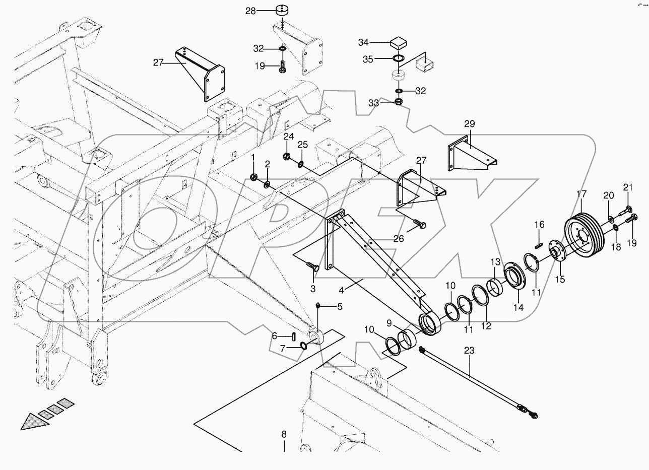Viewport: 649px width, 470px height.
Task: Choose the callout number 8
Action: pyautogui.click(x=284, y=434)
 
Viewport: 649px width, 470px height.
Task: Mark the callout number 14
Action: pyautogui.click(x=518, y=308)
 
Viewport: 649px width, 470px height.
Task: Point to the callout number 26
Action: pyautogui.click(x=399, y=239)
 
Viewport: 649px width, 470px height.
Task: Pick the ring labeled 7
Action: pyautogui.click(x=303, y=346)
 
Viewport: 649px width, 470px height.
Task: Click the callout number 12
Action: pyautogui.click(x=486, y=326)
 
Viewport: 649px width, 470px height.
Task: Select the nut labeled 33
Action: pyautogui.click(x=398, y=102)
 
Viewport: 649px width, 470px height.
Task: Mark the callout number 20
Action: pyautogui.click(x=609, y=195)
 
